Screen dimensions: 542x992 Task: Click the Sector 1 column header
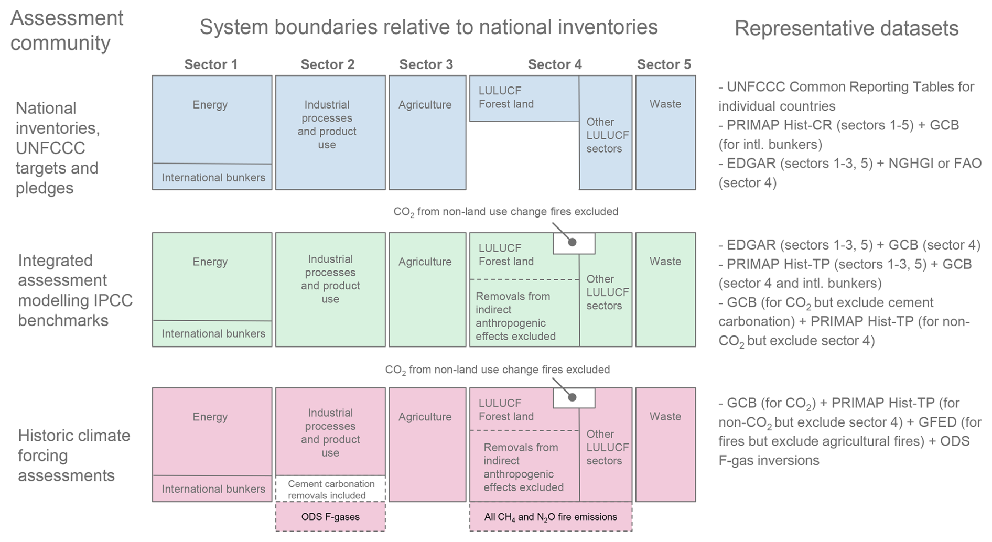(211, 64)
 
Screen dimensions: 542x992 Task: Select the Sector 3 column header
(426, 64)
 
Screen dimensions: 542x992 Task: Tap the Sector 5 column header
(664, 64)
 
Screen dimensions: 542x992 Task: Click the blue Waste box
(665, 132)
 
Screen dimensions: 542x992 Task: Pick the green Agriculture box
(427, 289)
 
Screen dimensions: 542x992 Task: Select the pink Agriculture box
(427, 445)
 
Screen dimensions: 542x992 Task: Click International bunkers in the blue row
(212, 177)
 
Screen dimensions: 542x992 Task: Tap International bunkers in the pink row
(212, 489)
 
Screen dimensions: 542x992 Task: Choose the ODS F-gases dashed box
(330, 517)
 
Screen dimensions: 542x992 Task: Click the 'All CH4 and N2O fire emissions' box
(551, 517)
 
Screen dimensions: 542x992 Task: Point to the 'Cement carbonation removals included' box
(330, 489)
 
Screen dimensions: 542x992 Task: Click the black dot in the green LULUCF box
(573, 242)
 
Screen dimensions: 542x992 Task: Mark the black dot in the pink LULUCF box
(573, 397)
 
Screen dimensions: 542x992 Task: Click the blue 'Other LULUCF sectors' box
(606, 135)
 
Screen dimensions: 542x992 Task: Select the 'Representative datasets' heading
(846, 28)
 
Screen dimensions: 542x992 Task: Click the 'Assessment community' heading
(67, 30)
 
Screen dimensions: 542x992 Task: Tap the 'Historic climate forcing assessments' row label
(73, 455)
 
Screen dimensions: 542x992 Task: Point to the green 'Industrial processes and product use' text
(330, 279)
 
